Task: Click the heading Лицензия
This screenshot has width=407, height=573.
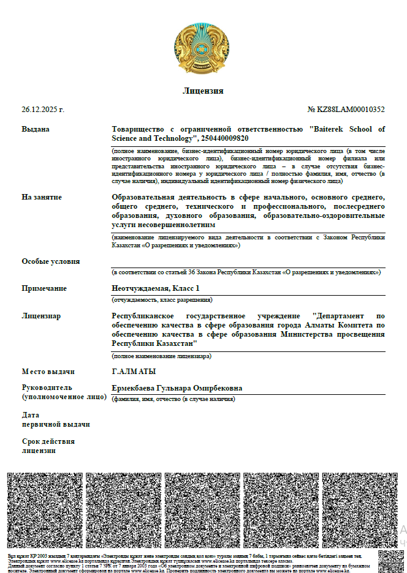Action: (203, 91)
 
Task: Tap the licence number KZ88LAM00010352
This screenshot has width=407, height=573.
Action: (351, 110)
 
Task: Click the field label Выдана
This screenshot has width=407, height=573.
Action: (36, 129)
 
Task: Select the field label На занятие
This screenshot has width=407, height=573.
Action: (42, 197)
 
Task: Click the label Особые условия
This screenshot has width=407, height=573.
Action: (51, 261)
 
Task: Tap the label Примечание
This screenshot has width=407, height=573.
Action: (44, 288)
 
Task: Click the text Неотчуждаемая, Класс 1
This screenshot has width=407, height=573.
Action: (156, 288)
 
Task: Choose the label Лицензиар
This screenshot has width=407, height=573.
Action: (41, 316)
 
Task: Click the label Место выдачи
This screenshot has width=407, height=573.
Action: (48, 372)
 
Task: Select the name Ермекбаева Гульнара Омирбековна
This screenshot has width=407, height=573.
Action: (177, 388)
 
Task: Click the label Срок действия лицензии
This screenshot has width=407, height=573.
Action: (48, 446)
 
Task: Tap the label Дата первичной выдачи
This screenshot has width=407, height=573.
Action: (55, 419)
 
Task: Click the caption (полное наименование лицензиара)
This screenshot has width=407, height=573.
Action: (161, 356)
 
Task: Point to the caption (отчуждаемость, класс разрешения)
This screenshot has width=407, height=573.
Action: (161, 300)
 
